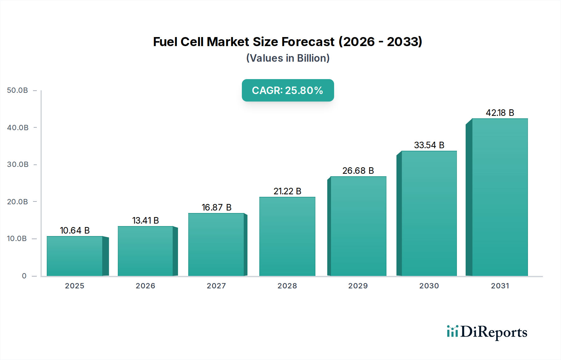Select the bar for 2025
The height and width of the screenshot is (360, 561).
pyautogui.click(x=75, y=256)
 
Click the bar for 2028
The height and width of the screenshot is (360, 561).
pyautogui.click(x=287, y=236)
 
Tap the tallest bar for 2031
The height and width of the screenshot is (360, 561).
pyautogui.click(x=500, y=197)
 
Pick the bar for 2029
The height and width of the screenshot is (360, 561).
pyautogui.click(x=358, y=226)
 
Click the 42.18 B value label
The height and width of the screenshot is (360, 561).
pyautogui.click(x=500, y=113)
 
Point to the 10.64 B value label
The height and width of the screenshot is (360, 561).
pyautogui.click(x=75, y=230)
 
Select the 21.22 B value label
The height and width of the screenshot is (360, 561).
pyautogui.click(x=287, y=191)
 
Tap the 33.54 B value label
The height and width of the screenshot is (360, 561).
pyautogui.click(x=429, y=145)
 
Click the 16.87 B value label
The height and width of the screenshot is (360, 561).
pyautogui.click(x=216, y=207)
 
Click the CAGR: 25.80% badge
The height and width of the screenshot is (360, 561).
pyautogui.click(x=288, y=90)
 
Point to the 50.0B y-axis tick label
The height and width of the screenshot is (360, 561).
pyautogui.click(x=17, y=90)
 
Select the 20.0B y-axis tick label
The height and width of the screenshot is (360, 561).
pyautogui.click(x=17, y=202)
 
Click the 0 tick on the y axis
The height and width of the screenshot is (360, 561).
pyautogui.click(x=24, y=276)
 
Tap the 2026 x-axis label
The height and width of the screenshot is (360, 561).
pyautogui.click(x=145, y=286)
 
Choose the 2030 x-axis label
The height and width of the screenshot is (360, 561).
pyautogui.click(x=429, y=286)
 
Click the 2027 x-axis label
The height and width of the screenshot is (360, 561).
pyautogui.click(x=216, y=286)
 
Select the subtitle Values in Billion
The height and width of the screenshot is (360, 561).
pyautogui.click(x=288, y=58)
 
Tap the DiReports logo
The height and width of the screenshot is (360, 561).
pyautogui.click(x=487, y=332)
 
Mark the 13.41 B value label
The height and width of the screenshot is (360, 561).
pyautogui.click(x=145, y=220)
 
